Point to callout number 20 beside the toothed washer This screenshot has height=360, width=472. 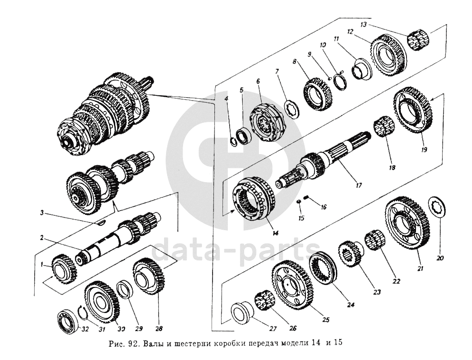[x=440, y=258]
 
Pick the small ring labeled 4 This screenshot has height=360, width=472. [x=234, y=139]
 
